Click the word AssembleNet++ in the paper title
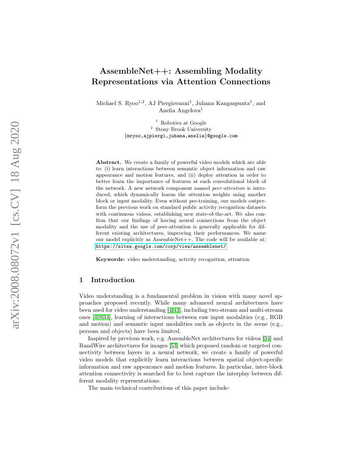tap(129, 71)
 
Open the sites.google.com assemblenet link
tap(161, 246)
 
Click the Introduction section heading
tap(113, 280)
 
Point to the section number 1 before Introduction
tap(81, 280)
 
